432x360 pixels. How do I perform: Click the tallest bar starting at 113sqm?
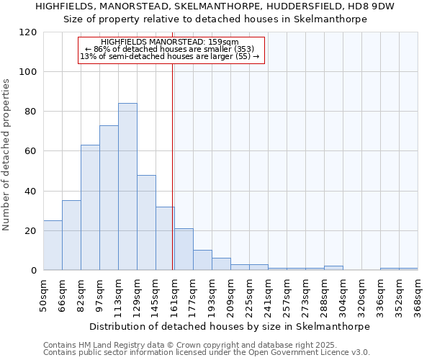pyautogui.click(x=127, y=187)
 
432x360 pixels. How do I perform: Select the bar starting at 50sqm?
pyautogui.click(x=53, y=245)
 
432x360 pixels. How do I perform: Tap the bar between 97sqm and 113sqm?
pyautogui.click(x=109, y=198)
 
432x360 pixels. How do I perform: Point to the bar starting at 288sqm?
pyautogui.click(x=333, y=268)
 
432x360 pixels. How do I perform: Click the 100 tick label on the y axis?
pyautogui.click(x=28, y=72)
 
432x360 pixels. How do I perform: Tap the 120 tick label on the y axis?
pyautogui.click(x=28, y=32)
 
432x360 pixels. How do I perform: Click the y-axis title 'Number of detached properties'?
pyautogui.click(x=7, y=155)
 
